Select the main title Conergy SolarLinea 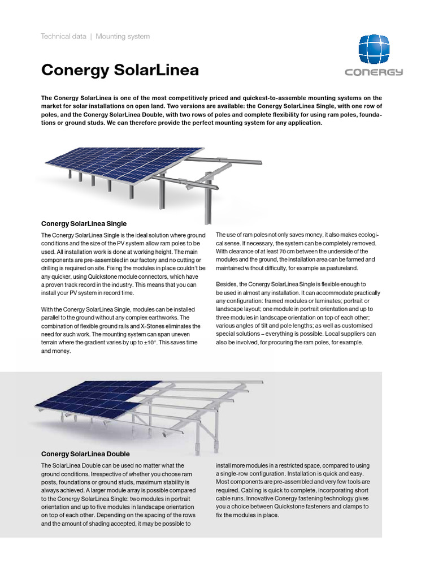[x=120, y=70]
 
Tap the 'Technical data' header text [x=63, y=37]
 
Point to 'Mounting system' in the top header [x=123, y=37]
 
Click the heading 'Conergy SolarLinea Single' [x=84, y=223]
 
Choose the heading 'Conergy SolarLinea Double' [x=85, y=453]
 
